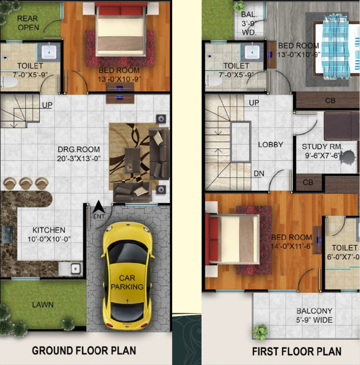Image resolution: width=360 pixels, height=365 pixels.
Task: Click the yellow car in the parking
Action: [128, 276]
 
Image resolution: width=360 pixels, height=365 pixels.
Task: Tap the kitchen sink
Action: [70, 269]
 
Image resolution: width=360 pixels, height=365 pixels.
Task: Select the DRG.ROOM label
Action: [79, 149]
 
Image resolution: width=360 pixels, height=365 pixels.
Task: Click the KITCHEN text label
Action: [49, 230]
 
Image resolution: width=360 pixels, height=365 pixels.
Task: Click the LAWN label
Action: [43, 305]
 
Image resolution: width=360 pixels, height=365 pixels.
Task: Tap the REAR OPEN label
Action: [28, 23]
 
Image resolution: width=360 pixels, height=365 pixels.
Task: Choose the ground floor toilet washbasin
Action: [49, 52]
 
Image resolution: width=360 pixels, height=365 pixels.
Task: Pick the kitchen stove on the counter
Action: [7, 234]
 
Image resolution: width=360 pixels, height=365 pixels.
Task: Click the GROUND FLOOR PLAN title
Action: [84, 350]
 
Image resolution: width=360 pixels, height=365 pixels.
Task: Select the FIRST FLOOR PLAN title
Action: [296, 351]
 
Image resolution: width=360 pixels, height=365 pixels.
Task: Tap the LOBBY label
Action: [270, 145]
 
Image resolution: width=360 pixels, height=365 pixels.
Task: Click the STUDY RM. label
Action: [322, 147]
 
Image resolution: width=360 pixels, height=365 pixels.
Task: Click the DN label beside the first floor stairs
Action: [259, 173]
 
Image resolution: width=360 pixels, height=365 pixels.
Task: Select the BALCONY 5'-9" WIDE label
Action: [315, 316]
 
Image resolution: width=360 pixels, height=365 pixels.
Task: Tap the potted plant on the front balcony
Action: [260, 332]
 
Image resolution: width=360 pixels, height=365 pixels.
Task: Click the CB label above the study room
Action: [330, 101]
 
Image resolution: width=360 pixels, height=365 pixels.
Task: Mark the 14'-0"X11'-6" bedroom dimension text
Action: [292, 246]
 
